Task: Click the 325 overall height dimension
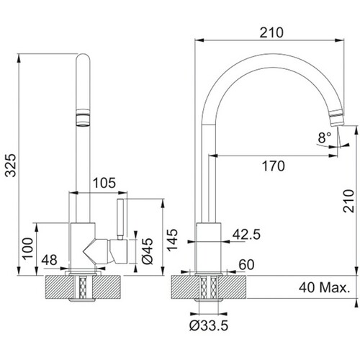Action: (x=11, y=166)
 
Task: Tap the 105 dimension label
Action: (x=104, y=183)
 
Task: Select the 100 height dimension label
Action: (x=28, y=248)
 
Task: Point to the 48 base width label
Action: (x=49, y=260)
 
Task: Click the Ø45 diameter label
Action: (x=147, y=251)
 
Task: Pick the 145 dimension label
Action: (x=172, y=240)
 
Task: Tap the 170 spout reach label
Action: (x=274, y=166)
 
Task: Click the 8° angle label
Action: (x=325, y=138)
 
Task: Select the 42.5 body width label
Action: (x=246, y=235)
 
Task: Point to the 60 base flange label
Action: (x=246, y=265)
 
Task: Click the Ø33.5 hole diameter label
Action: (x=209, y=325)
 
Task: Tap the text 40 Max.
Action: (x=325, y=287)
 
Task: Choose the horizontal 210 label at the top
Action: (x=271, y=32)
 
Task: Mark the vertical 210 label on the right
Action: (x=348, y=201)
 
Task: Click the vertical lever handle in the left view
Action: (x=120, y=219)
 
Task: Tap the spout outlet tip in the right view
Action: (x=337, y=119)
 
